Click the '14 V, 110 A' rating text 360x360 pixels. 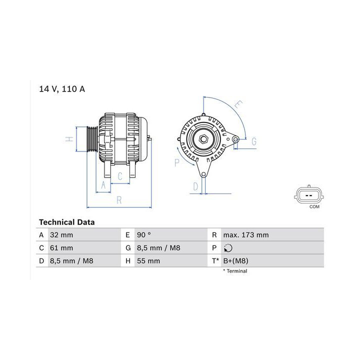point(62,89)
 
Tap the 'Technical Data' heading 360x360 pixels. point(67,222)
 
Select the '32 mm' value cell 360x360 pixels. point(61,235)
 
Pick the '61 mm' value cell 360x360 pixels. point(61,248)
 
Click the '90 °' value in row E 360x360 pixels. point(144,235)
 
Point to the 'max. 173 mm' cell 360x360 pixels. point(246,235)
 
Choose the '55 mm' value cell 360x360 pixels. point(148,261)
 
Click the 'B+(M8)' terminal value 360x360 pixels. point(236,261)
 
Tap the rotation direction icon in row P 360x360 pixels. point(228,248)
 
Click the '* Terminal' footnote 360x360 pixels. point(235,271)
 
